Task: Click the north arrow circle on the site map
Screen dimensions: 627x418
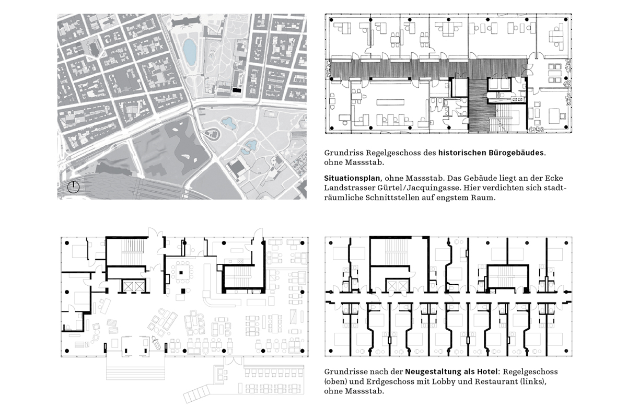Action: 74,188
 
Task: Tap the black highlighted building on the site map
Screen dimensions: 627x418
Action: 237,90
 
